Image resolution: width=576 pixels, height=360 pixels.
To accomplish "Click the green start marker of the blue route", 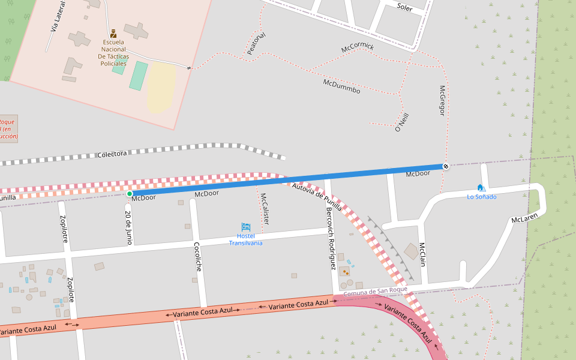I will [x=129, y=194].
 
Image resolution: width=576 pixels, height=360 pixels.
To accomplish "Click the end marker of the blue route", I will [x=445, y=166].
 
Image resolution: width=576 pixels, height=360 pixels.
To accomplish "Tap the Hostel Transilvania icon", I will [x=245, y=227].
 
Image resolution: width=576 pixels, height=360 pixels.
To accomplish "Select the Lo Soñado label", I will [x=482, y=197].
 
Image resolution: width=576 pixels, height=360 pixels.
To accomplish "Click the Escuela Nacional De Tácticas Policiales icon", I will [x=113, y=33].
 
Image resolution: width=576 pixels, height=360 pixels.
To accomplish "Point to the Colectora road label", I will [x=112, y=154].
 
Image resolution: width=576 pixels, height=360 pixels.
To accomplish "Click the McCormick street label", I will [x=358, y=47].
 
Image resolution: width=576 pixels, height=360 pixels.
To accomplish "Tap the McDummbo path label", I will [x=341, y=86].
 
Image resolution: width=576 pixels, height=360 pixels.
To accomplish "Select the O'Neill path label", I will [x=401, y=122].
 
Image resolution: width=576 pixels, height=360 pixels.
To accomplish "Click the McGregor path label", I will [x=442, y=100].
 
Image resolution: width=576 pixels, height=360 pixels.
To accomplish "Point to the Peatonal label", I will [x=256, y=44].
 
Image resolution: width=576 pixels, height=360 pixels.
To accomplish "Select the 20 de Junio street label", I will [x=128, y=227].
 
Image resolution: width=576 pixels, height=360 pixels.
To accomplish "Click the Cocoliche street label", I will [x=197, y=256].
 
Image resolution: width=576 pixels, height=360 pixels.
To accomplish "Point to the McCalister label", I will [x=264, y=209].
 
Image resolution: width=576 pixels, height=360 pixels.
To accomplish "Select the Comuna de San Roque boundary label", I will [x=376, y=291].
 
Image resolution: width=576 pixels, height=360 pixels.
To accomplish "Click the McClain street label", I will [x=422, y=254].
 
